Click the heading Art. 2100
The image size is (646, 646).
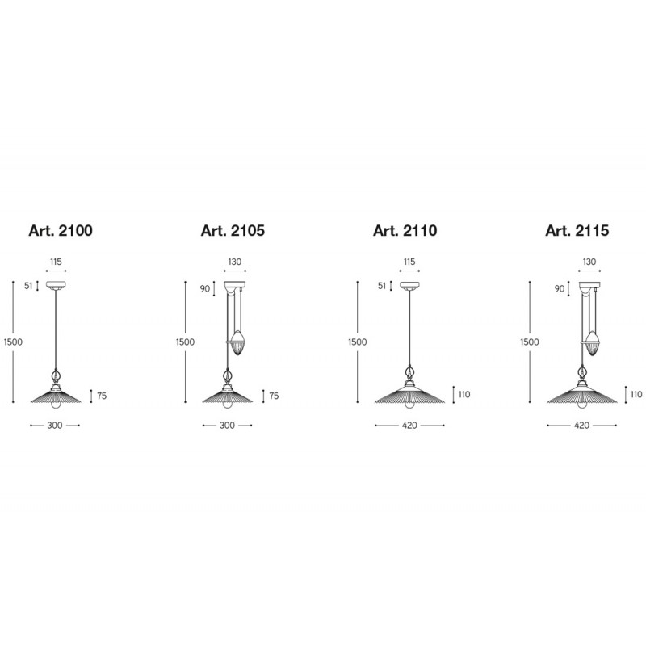61,231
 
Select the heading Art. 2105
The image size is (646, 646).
233,231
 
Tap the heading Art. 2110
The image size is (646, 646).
405,231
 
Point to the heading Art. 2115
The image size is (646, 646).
577,231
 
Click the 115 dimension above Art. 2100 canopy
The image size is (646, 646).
56,262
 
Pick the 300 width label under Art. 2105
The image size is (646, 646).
227,426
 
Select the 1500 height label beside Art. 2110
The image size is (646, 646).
357,342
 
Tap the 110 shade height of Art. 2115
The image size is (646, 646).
636,394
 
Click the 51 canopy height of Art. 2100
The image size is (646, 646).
28,286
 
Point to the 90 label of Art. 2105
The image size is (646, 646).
205,289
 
